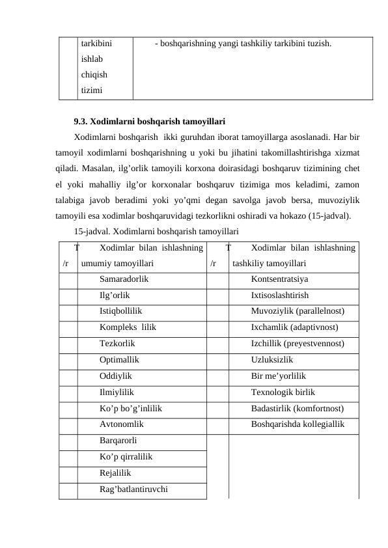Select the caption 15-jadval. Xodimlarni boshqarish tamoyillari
(156, 231)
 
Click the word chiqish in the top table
(94, 74)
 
